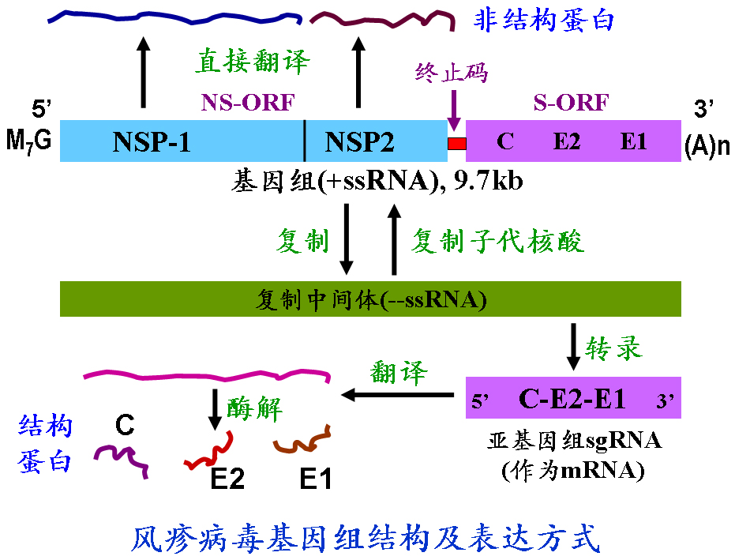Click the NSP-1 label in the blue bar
(x=152, y=142)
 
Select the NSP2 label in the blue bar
(x=359, y=142)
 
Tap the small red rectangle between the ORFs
(x=457, y=144)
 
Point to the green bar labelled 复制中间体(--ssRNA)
(x=370, y=299)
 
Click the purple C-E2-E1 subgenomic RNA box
(x=572, y=397)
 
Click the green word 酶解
(x=254, y=407)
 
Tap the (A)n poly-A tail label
(x=707, y=146)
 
